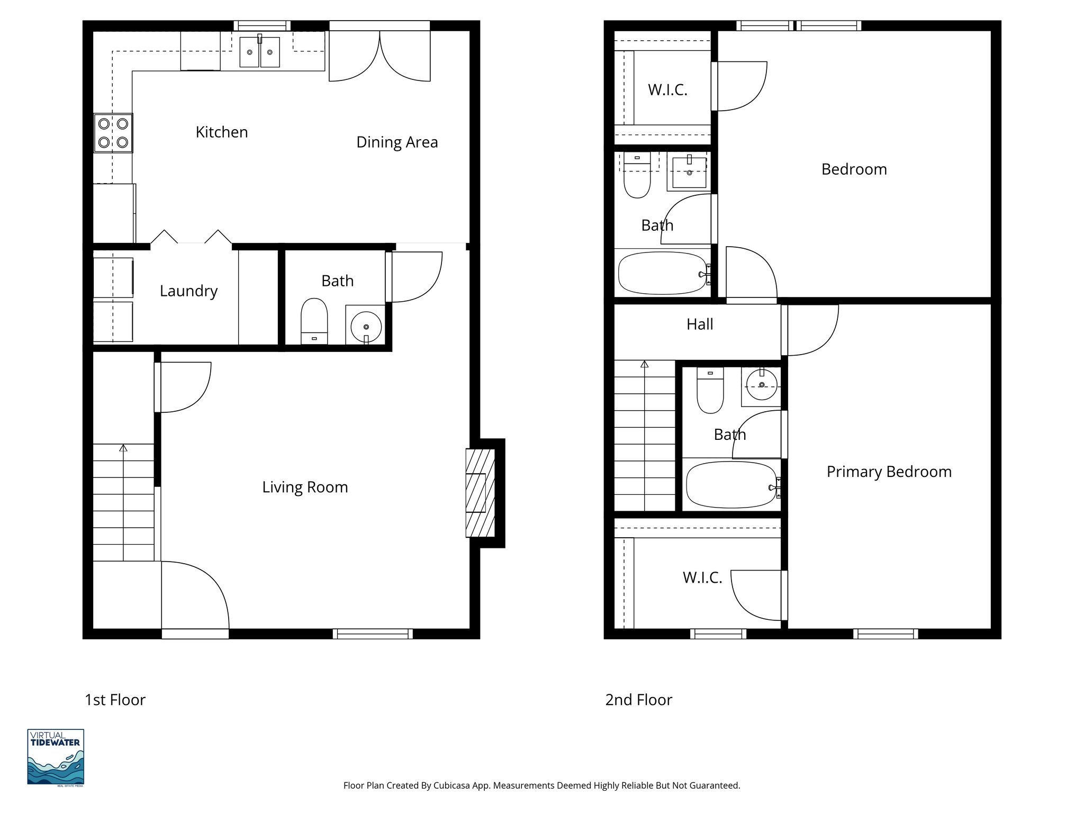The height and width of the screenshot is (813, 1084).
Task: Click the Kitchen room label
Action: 221,132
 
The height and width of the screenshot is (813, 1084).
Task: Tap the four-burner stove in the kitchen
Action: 113,133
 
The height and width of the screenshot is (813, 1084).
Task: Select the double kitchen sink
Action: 259,52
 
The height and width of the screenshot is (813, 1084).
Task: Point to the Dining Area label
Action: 396,142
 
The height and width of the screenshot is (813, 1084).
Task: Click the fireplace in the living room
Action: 480,493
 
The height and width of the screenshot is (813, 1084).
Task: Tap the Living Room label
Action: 305,487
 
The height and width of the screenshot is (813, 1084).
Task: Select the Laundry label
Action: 188,291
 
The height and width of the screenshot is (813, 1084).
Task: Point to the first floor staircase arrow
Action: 123,448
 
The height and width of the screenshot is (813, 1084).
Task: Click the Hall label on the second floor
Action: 699,324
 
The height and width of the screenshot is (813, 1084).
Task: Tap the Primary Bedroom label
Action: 889,472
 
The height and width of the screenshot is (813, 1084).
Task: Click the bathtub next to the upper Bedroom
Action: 662,273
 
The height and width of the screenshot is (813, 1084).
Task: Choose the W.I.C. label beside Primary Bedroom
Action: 702,577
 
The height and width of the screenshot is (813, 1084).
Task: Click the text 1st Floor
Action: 115,700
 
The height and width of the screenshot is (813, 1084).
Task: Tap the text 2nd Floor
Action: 638,700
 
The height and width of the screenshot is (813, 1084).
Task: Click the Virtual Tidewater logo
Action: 56,757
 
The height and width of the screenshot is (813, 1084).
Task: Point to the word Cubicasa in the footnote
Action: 453,785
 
